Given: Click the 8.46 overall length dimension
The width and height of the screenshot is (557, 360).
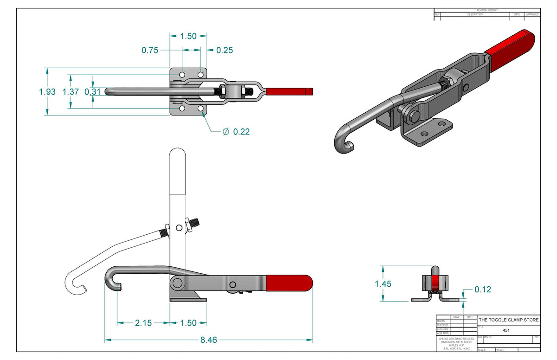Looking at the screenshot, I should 209,340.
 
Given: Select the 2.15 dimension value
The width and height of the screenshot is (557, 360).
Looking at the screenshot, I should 143,323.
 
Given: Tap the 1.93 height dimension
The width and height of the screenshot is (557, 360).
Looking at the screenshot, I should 47,92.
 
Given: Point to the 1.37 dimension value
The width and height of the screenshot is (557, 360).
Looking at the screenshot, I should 71,92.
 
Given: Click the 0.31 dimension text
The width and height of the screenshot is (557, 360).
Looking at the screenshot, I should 92,92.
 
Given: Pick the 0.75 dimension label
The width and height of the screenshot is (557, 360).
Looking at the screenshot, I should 150,51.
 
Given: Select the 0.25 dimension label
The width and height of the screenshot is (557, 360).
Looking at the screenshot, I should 225,51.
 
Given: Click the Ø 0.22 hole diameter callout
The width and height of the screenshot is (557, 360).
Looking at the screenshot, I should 236,132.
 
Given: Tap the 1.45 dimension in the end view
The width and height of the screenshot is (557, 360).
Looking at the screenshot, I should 383,284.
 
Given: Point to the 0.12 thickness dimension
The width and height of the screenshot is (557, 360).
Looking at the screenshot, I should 483,289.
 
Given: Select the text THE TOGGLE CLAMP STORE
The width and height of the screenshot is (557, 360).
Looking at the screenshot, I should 509,320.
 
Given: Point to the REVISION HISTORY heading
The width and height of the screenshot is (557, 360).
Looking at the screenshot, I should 487,10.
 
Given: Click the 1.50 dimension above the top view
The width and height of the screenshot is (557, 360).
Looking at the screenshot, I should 188,36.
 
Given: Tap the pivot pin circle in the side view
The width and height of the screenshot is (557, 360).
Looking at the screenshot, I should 177,283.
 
